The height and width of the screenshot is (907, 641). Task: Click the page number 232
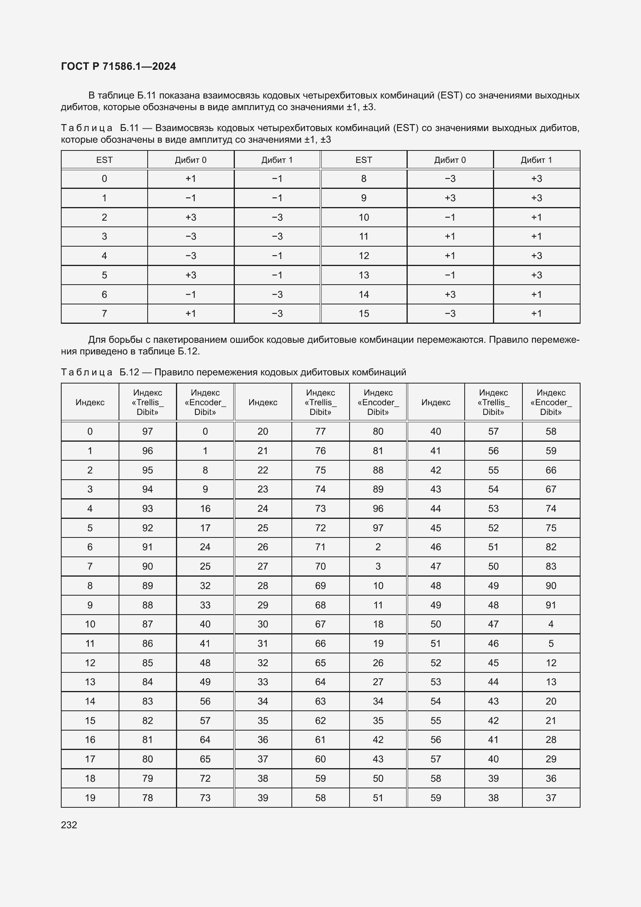[x=69, y=825]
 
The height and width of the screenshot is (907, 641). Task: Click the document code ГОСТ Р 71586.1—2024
[x=119, y=66]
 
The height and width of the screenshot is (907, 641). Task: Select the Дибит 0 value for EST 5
[x=191, y=275]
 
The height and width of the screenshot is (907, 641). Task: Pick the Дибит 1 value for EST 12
[x=536, y=256]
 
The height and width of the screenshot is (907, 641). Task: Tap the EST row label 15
[x=364, y=313]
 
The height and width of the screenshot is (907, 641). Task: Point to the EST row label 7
[x=104, y=313]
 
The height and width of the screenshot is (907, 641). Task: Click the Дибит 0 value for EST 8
[x=450, y=178]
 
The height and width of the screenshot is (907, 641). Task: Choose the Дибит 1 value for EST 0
[x=277, y=178]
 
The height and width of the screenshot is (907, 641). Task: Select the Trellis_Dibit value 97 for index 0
[x=148, y=431]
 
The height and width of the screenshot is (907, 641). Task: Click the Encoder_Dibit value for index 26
[x=378, y=547]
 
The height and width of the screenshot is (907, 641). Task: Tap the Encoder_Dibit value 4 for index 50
[x=551, y=624]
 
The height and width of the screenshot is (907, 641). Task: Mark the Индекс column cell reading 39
[x=263, y=798]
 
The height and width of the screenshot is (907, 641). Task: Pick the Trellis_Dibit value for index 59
[x=493, y=798]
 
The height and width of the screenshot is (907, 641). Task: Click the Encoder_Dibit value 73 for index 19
[x=205, y=798]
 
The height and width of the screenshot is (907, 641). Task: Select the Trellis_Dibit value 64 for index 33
[x=320, y=682]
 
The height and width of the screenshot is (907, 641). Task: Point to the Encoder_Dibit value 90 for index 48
[x=551, y=586]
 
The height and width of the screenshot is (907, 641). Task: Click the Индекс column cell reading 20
[x=263, y=431]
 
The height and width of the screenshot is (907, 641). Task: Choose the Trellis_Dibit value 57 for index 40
[x=493, y=431]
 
